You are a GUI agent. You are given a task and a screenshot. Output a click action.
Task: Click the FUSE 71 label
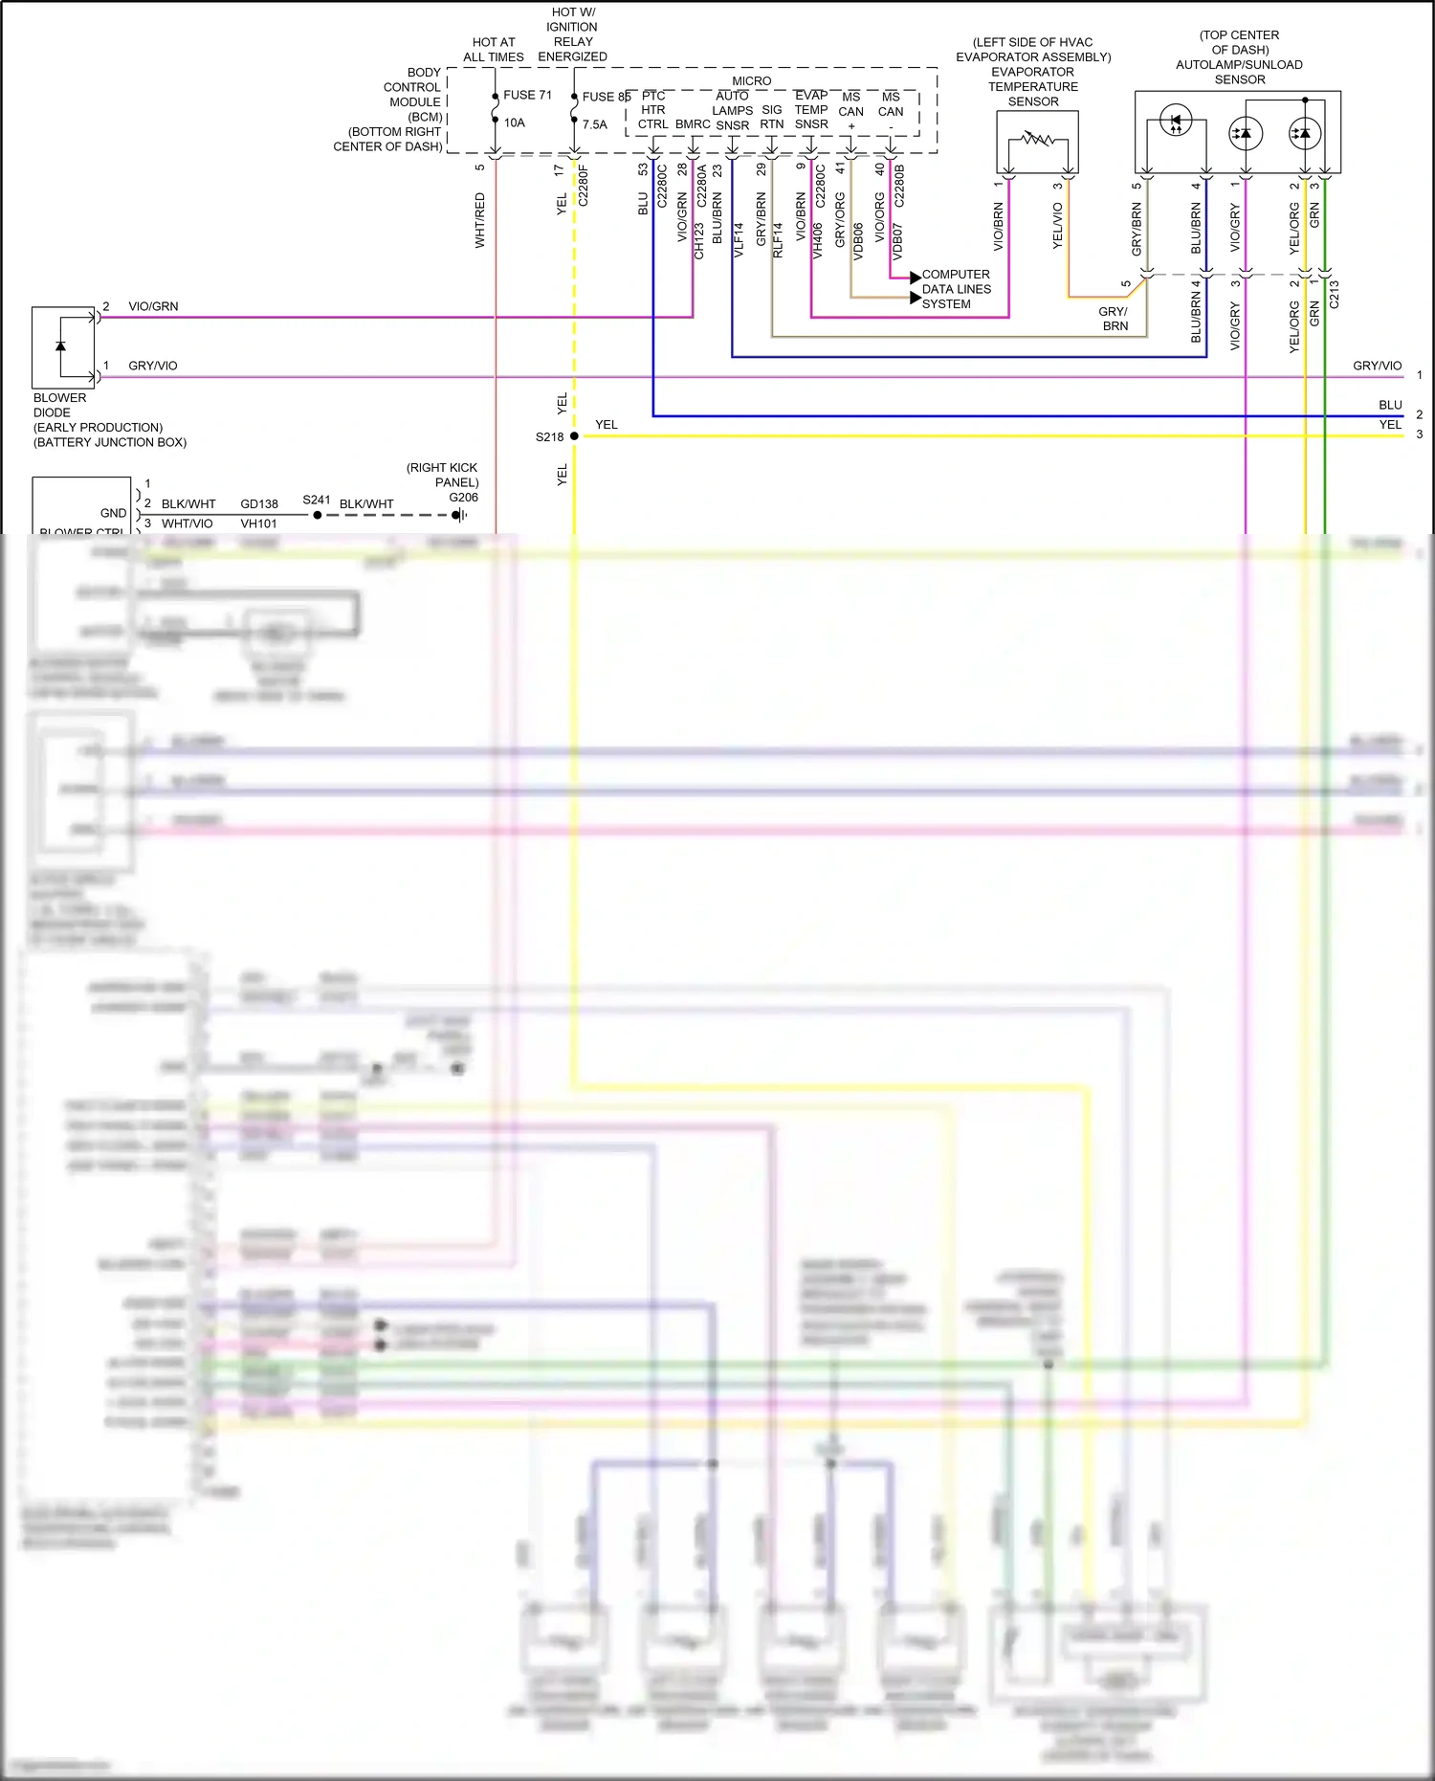tap(527, 95)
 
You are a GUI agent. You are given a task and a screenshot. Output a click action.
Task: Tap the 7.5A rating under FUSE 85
tap(594, 124)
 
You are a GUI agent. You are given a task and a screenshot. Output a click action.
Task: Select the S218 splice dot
tap(574, 436)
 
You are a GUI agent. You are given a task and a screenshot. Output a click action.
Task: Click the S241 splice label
tap(317, 500)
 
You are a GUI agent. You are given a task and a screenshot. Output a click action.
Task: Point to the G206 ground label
tap(463, 498)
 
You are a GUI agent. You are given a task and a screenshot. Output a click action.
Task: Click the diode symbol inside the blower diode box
tap(61, 345)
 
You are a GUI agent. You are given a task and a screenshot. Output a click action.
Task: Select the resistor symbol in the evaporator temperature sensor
tap(1037, 140)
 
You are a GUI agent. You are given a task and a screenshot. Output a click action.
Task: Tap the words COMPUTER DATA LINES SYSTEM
tap(956, 289)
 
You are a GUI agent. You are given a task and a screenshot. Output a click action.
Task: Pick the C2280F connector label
tap(584, 186)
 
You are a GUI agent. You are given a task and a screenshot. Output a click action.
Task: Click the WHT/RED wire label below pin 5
tap(480, 220)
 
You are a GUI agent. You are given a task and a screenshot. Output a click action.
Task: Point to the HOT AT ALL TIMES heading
tap(494, 50)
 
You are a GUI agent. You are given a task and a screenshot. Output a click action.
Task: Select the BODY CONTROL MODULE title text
tap(413, 87)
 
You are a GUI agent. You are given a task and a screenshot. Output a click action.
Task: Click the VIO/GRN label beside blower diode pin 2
tap(153, 306)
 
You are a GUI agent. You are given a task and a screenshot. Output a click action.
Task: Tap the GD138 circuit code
tap(259, 503)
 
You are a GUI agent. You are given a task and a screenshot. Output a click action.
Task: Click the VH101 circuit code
tap(258, 523)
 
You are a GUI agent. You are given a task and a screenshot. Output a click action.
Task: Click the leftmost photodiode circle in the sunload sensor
tap(1176, 122)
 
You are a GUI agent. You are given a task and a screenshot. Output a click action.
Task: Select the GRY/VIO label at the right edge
tap(1377, 366)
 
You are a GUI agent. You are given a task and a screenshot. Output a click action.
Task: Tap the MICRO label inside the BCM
tap(751, 81)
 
